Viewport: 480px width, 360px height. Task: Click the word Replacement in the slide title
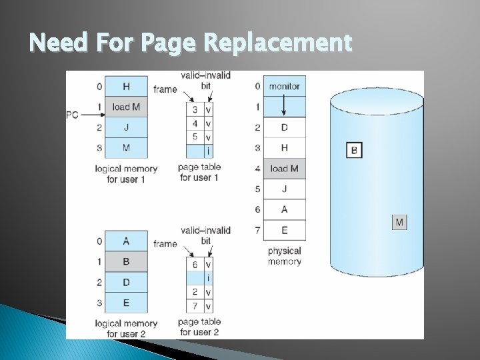[277, 43]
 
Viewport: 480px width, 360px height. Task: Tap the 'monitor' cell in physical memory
[285, 86]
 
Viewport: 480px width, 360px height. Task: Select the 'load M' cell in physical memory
[285, 168]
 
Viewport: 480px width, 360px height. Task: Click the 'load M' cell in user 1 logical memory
[126, 107]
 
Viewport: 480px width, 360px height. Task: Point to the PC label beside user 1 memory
[72, 115]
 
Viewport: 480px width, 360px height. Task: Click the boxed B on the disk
[354, 150]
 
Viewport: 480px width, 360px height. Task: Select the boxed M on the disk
[399, 222]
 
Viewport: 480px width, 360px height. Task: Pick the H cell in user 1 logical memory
[126, 86]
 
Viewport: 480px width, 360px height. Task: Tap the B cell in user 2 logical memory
[126, 261]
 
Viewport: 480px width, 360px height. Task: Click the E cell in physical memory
[285, 230]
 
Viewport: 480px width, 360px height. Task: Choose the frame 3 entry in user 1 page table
[195, 109]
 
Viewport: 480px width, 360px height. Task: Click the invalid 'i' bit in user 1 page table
[208, 151]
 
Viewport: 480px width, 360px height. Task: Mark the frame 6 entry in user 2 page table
[195, 264]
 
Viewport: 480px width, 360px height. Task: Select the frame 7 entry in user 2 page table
[195, 306]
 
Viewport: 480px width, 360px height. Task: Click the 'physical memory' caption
[285, 256]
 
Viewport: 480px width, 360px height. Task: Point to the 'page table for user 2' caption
[199, 327]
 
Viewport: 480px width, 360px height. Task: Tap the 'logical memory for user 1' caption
[126, 173]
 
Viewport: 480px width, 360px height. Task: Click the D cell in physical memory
[285, 127]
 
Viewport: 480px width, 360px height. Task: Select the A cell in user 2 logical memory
[126, 241]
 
